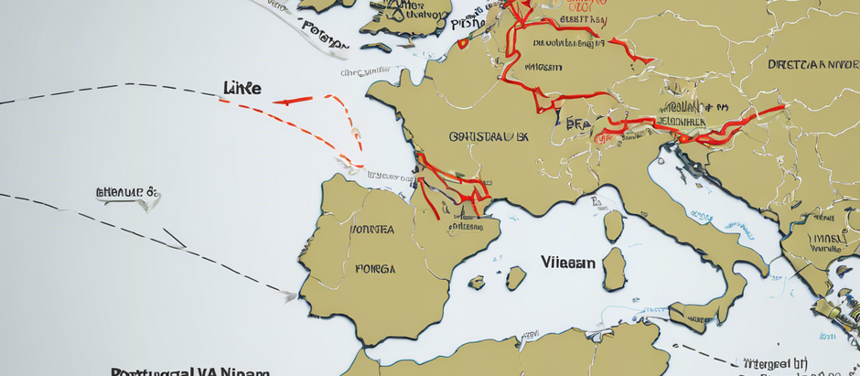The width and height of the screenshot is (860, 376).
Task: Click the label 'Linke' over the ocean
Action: click(x=242, y=88)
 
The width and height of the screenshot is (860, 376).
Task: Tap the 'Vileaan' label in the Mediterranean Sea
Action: click(x=567, y=262)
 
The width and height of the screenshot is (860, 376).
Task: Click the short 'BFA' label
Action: click(x=577, y=124)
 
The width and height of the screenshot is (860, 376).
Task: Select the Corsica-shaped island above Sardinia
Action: click(x=613, y=225)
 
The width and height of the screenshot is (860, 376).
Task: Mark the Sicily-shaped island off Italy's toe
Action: click(x=695, y=315)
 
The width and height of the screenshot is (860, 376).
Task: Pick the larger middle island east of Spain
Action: click(x=516, y=277)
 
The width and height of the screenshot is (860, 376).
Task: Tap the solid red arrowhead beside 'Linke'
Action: click(x=282, y=102)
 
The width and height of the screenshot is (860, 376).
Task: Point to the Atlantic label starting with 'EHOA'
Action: click(x=127, y=192)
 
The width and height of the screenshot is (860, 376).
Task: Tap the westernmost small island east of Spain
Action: click(x=477, y=283)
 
